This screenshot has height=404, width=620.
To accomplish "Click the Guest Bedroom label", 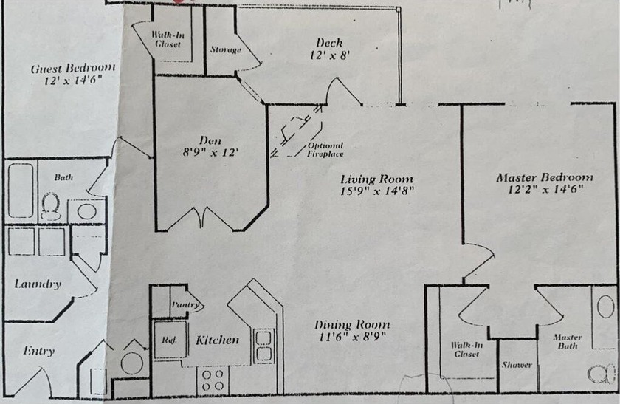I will coord(72,68).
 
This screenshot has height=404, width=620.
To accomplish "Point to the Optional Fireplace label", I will coord(325,150).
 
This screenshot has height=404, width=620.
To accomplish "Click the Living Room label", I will coord(376,179).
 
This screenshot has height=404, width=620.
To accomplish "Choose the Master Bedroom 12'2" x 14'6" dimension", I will coord(544,189).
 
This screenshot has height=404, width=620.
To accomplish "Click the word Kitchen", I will coord(217,340).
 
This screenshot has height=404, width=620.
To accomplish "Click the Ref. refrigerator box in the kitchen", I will coord(168,340).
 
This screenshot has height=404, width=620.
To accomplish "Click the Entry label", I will coord(38,351).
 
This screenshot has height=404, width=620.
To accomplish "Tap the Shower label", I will coord(517,365).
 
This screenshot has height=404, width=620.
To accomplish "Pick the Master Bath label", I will coord(568,342).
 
